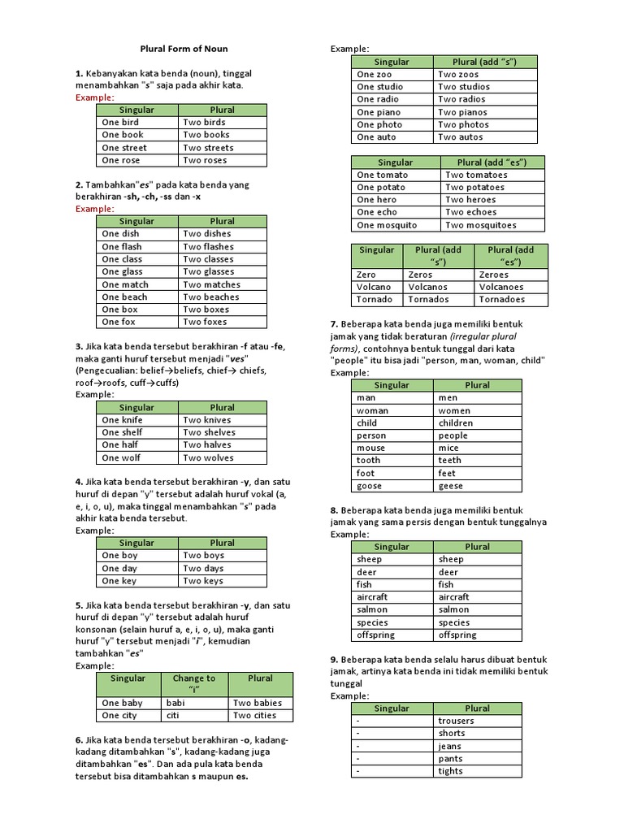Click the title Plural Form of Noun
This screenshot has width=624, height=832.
[x=184, y=49]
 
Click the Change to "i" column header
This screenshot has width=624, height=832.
[x=194, y=684]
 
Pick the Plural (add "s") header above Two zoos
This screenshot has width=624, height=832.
[x=484, y=62]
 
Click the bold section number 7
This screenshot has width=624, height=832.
[x=334, y=324]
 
